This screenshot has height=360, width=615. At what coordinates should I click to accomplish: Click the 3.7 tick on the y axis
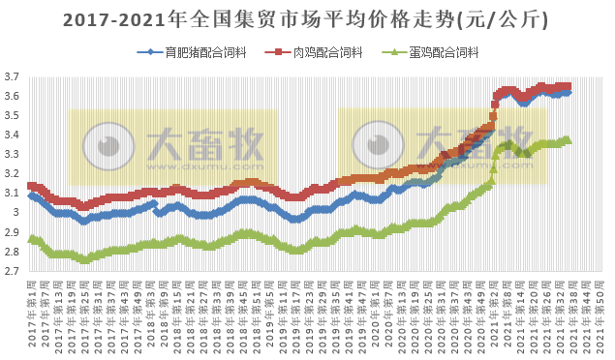pos(12,77)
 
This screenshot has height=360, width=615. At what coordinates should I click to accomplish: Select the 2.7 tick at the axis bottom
pos(12,271)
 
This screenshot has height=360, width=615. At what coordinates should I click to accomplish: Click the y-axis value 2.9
pos(12,232)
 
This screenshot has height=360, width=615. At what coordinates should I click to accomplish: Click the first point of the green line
pos(31,238)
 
